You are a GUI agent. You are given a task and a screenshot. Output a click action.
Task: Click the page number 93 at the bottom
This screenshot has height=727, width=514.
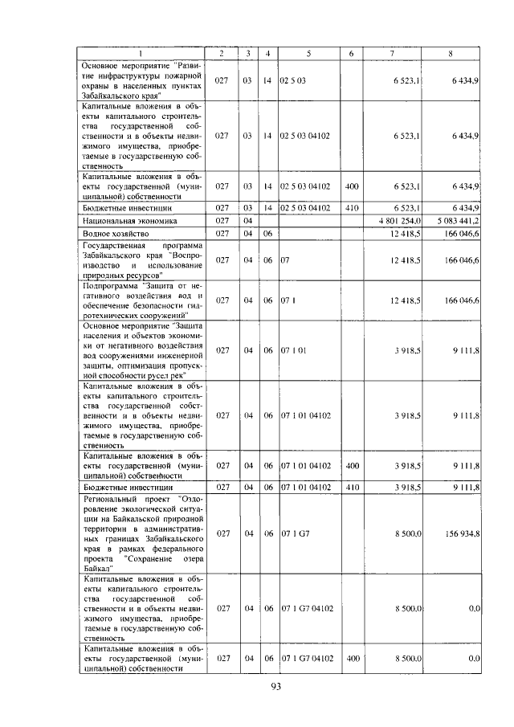(x=275, y=685)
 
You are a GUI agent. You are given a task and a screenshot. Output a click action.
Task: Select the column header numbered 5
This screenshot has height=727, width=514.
(x=308, y=53)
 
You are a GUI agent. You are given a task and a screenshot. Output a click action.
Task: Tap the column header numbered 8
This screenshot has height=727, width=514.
(x=450, y=53)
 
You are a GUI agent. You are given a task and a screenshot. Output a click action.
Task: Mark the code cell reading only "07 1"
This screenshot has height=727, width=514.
(x=288, y=300)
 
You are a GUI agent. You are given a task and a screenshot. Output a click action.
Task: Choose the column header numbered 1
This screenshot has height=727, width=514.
(x=141, y=53)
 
